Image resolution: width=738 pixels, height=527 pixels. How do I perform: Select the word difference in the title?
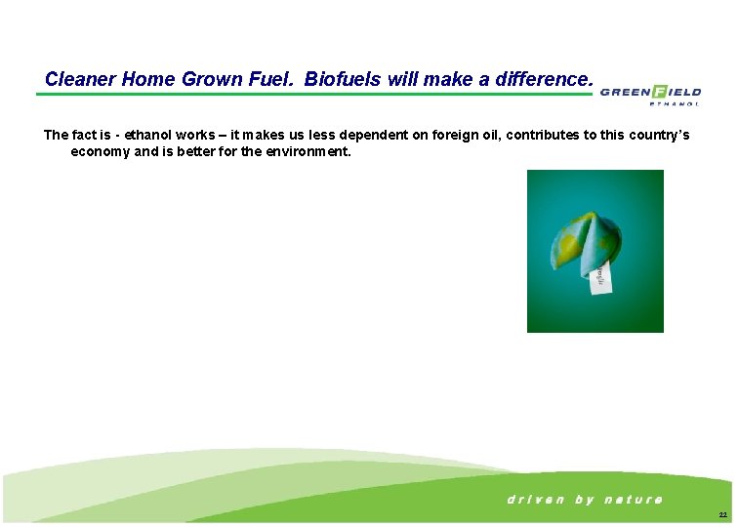(538, 79)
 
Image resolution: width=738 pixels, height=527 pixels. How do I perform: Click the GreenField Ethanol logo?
(650, 93)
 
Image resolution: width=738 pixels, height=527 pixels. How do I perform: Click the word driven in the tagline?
(535, 500)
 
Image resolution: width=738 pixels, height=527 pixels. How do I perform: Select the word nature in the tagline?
(634, 500)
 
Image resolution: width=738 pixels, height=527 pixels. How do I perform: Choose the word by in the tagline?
(584, 500)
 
